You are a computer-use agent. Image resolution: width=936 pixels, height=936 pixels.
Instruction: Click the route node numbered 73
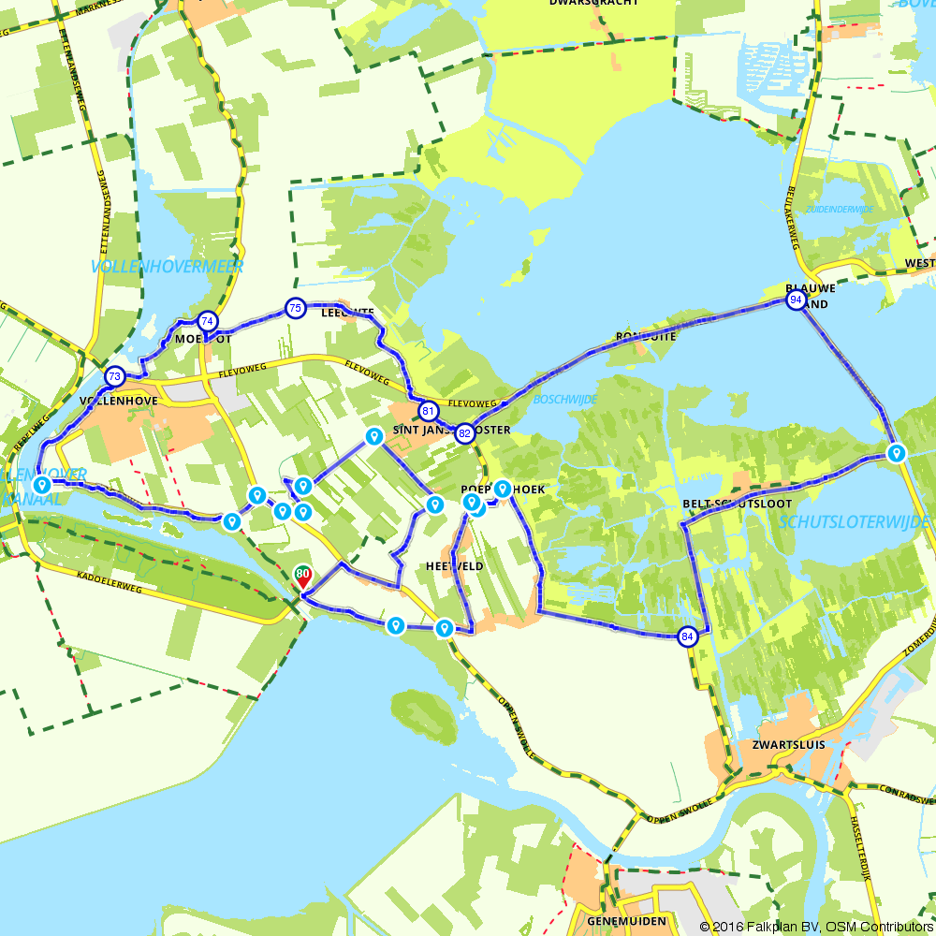pyautogui.click(x=114, y=376)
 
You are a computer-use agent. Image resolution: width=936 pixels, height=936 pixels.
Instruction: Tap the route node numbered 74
pyautogui.click(x=207, y=321)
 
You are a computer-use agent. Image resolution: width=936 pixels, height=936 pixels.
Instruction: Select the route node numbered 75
pyautogui.click(x=295, y=307)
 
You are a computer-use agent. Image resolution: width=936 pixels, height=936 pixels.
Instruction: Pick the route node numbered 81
pyautogui.click(x=428, y=411)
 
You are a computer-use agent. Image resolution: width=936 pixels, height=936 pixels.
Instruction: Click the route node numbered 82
pyautogui.click(x=464, y=433)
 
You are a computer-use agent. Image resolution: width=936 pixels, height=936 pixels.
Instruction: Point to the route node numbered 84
pyautogui.click(x=688, y=636)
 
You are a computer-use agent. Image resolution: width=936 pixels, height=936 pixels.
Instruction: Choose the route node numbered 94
pyautogui.click(x=796, y=300)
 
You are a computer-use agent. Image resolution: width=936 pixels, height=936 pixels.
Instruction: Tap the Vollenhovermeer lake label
pyautogui.click(x=168, y=267)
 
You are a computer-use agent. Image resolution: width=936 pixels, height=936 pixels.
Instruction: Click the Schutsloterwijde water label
pyautogui.click(x=854, y=521)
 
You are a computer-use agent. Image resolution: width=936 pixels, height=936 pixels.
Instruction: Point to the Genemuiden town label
pyautogui.click(x=626, y=921)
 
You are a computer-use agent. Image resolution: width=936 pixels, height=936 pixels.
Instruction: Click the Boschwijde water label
pyautogui.click(x=564, y=399)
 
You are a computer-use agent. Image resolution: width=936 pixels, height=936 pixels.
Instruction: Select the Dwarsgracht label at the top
pyautogui.click(x=607, y=4)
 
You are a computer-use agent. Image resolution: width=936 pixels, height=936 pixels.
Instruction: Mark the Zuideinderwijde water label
pyautogui.click(x=839, y=209)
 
